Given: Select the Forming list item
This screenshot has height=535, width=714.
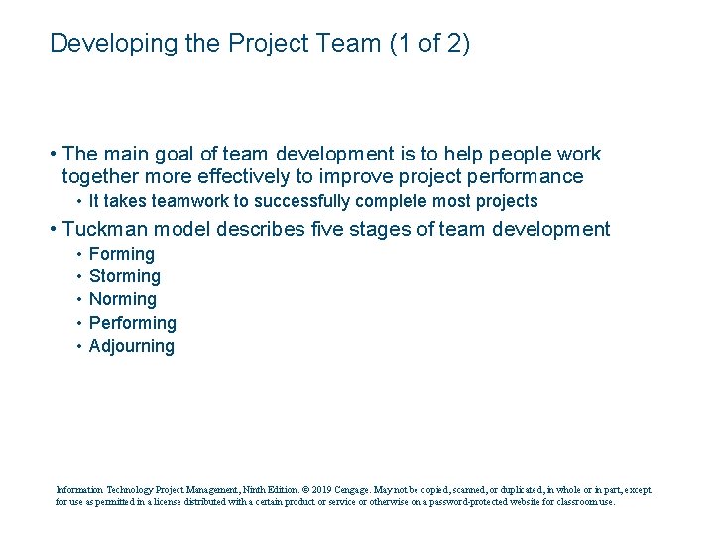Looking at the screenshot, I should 122,254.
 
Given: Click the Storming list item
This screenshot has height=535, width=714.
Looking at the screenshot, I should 125,276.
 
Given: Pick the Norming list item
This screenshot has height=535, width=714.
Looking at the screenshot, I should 123,299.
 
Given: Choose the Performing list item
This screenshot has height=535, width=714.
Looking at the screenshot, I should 133,323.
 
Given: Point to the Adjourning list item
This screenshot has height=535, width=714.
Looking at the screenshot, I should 132,346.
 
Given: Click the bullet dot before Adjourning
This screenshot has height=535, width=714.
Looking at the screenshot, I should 78,346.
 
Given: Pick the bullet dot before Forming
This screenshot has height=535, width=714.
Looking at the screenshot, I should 78,254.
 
